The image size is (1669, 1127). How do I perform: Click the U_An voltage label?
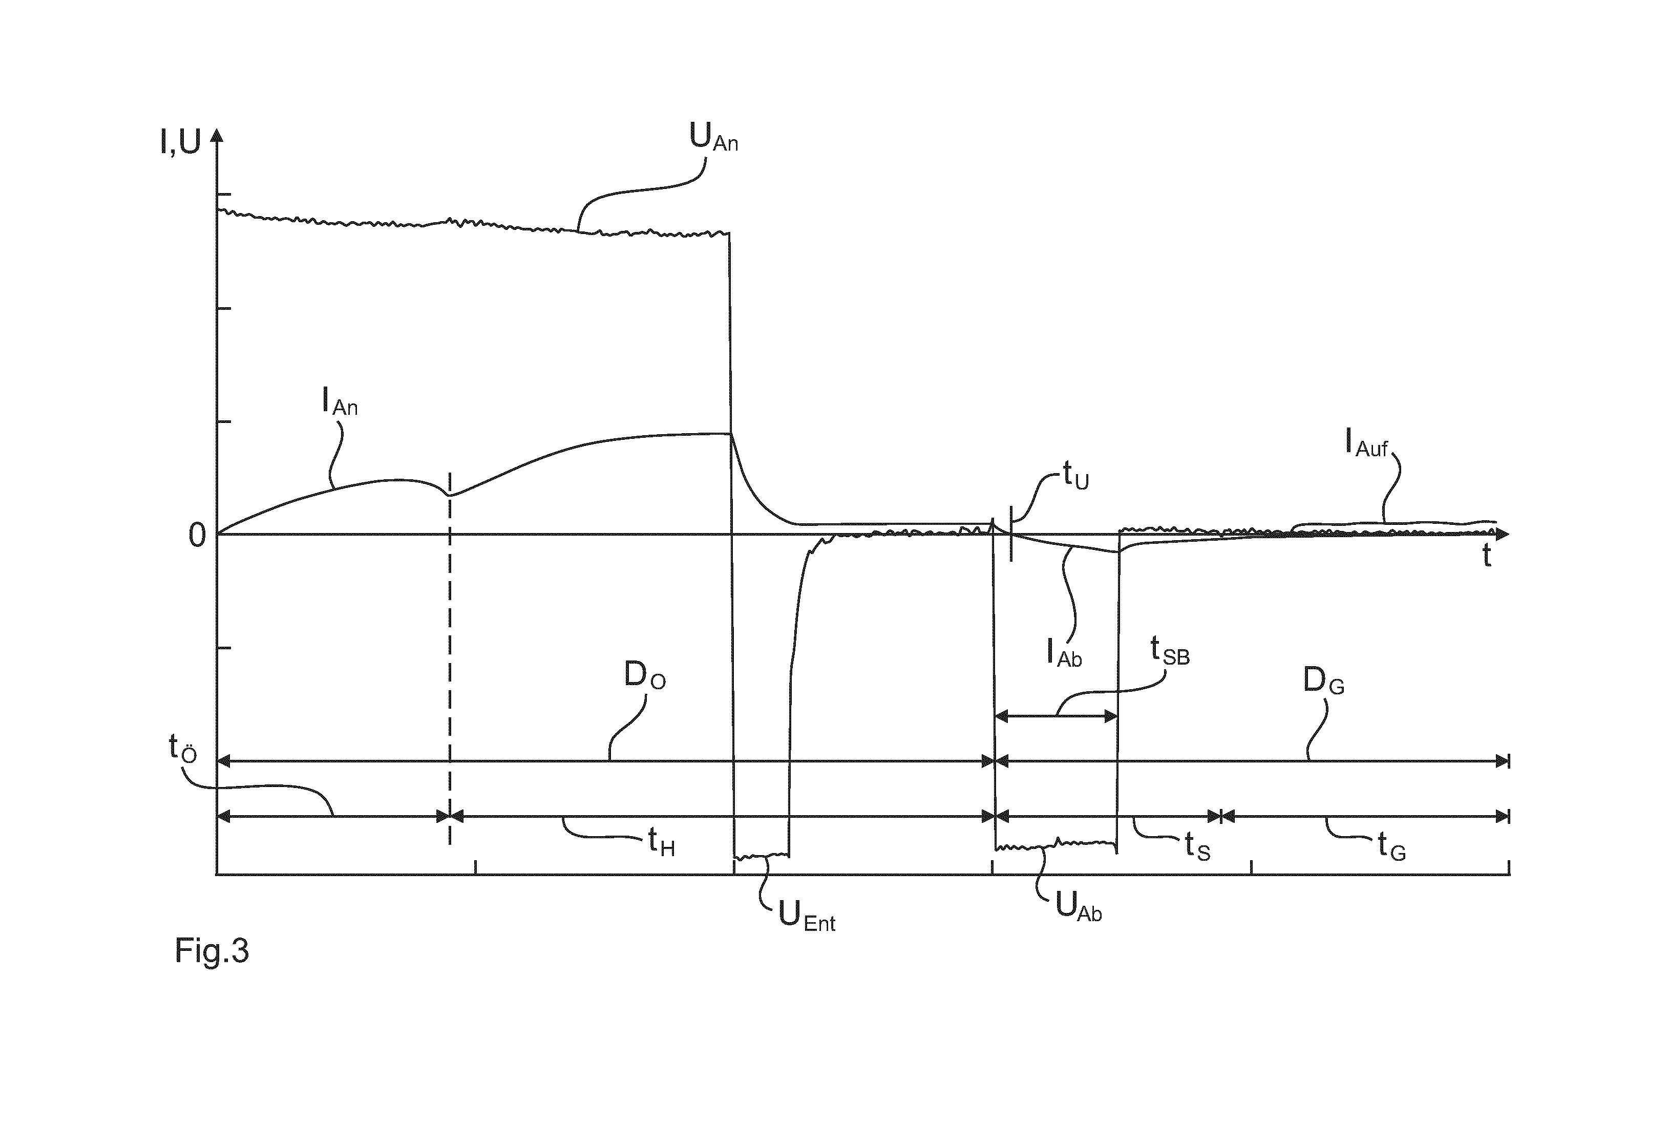(x=713, y=137)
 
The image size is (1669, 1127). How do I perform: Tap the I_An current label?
(x=339, y=402)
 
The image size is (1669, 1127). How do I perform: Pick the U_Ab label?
(x=1079, y=908)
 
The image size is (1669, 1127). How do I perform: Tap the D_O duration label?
(x=645, y=675)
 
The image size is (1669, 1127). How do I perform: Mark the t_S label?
(x=1198, y=847)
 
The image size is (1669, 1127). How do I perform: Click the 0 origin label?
(x=197, y=536)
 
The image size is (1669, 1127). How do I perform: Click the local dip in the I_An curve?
(x=450, y=495)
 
